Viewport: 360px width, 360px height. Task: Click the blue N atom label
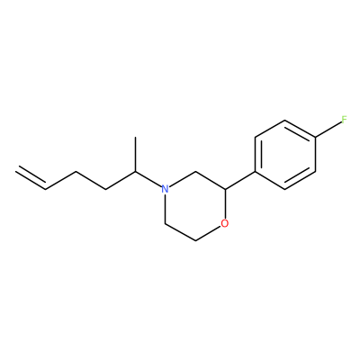pos(165,189)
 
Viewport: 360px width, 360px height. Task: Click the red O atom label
pos(224,223)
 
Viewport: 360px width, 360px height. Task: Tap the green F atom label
pos(344,120)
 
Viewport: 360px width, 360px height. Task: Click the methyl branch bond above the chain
pos(135,155)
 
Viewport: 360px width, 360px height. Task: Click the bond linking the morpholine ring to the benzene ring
pos(240,181)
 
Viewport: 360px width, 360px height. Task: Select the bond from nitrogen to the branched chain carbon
pos(148,179)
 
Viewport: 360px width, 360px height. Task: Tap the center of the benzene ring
pos(285,155)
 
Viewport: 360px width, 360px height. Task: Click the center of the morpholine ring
pos(195,206)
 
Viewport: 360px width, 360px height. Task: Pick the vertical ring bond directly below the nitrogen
pos(165,209)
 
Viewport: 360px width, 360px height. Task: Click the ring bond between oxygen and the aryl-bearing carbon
pos(225,203)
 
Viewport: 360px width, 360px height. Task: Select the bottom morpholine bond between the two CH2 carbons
pos(180,232)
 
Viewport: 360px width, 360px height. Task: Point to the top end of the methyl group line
pos(135,138)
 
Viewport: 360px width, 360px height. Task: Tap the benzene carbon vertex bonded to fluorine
pos(315,138)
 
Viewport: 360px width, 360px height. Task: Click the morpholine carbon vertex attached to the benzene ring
pos(225,189)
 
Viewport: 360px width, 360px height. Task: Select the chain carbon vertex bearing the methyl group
pos(135,172)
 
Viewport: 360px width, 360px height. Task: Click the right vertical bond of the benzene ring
pos(315,155)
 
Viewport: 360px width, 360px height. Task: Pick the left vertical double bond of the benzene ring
pos(257,155)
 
